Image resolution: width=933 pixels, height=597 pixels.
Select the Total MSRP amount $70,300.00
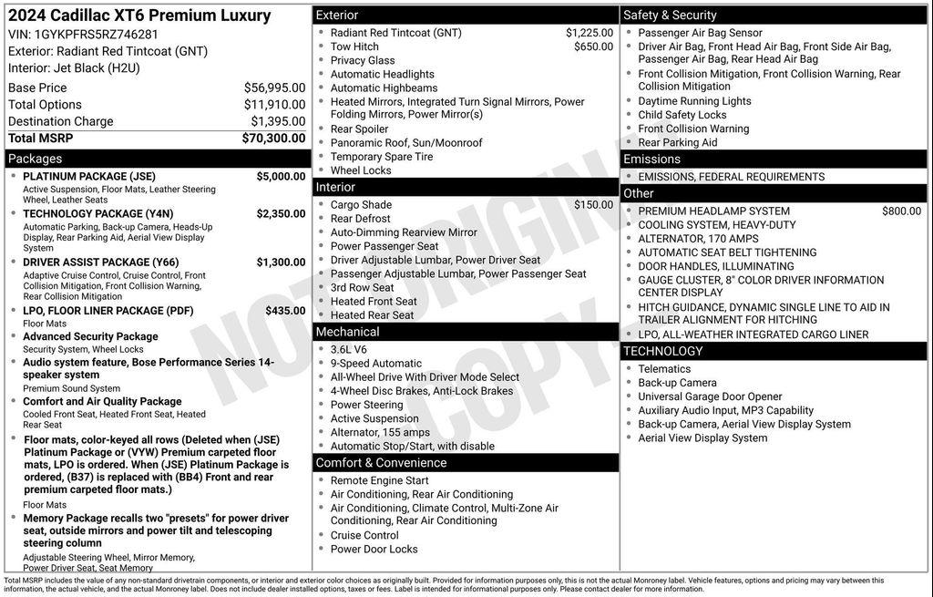coord(273,139)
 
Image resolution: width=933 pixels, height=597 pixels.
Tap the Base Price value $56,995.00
coord(274,87)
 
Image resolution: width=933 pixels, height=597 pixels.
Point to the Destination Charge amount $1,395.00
coord(278,121)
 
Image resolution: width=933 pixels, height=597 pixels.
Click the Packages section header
coord(36,159)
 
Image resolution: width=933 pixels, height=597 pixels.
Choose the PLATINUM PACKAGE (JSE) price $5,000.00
coord(281,176)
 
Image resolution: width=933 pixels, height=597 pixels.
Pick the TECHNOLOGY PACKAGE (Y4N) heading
coord(98,213)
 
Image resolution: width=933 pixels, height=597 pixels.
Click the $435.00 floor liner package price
coord(285,310)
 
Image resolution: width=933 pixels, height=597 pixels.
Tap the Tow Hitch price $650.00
coord(593,46)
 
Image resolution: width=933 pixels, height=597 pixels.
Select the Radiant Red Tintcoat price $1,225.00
coord(590,33)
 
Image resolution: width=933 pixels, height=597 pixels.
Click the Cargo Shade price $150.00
coord(593,205)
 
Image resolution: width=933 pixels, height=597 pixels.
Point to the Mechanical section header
coord(349,332)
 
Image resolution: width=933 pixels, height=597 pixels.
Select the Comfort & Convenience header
coord(381,463)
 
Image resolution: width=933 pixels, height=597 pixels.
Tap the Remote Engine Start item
coord(379,480)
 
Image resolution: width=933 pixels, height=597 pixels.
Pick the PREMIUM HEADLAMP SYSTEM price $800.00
coord(901,211)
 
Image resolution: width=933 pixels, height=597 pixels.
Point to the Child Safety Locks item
coord(682,115)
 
